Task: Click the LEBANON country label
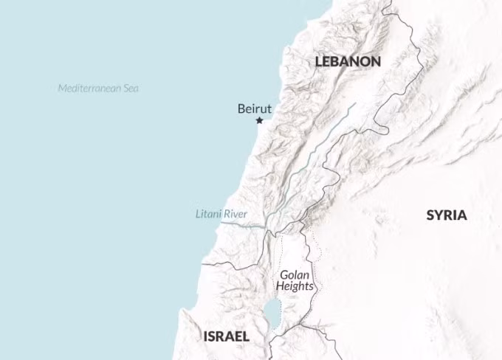[x=348, y=62]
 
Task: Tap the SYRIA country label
[x=447, y=215]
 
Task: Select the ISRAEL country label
[x=226, y=336]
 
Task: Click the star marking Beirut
[x=259, y=120]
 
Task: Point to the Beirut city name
[x=255, y=108]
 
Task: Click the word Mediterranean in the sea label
[x=89, y=89]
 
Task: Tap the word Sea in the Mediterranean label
[x=131, y=89]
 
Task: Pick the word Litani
[x=209, y=214]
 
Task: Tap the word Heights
[x=295, y=286]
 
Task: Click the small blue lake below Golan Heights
[x=272, y=307]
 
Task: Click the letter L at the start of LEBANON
[x=319, y=62]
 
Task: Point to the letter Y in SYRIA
[x=439, y=215]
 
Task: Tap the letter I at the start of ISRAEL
[x=205, y=336]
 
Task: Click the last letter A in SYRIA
[x=462, y=215]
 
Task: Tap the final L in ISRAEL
[x=246, y=336]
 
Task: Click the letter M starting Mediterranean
[x=62, y=89]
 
